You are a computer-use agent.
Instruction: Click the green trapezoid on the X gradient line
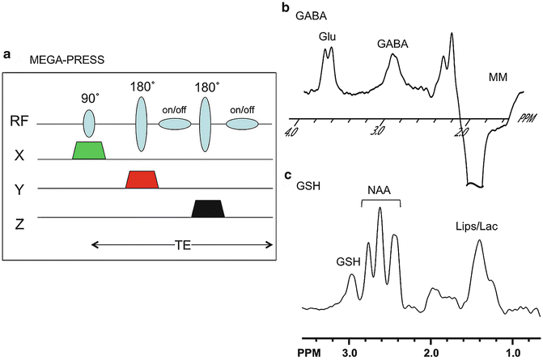tap(89, 150)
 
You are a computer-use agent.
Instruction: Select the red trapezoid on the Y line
tap(142, 180)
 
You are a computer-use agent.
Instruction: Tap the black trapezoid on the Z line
tap(209, 209)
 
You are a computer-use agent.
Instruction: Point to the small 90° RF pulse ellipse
tap(89, 124)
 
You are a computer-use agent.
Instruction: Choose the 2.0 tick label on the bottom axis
tap(431, 353)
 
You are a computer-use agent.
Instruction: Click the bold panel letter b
tap(285, 7)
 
